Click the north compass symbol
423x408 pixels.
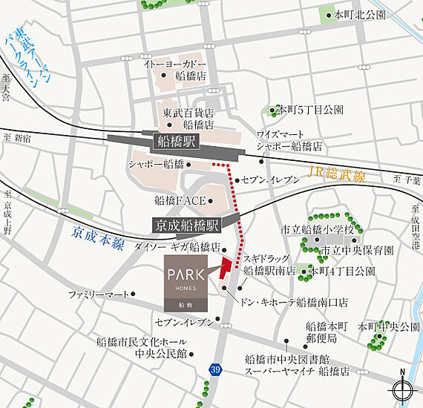pos(402,389)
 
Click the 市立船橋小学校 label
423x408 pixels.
pos(312,229)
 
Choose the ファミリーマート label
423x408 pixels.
pos(99,295)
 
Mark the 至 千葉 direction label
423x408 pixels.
pos(407,180)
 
